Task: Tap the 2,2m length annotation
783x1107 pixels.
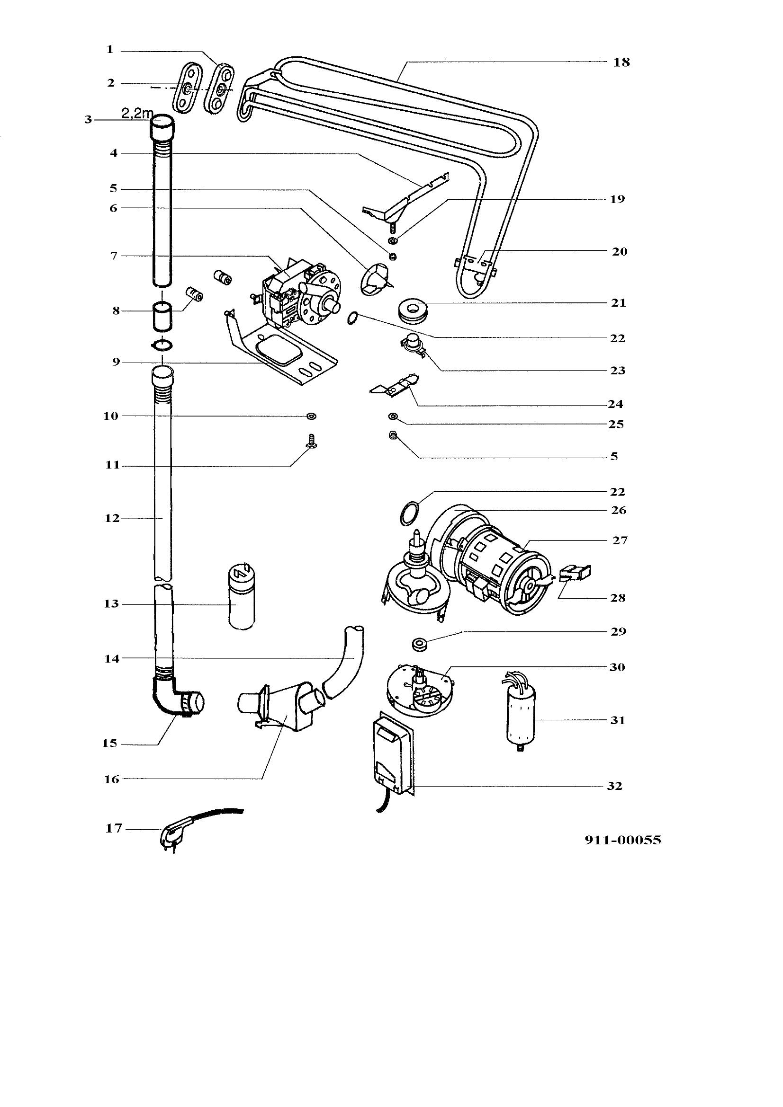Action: click(x=137, y=114)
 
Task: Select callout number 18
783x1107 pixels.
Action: click(x=621, y=62)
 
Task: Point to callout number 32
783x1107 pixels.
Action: click(x=615, y=786)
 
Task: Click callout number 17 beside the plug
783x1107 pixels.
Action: click(x=114, y=828)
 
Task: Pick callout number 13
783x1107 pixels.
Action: click(x=111, y=603)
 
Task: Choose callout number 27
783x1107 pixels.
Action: click(x=620, y=540)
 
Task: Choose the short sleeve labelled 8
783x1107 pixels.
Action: click(x=162, y=315)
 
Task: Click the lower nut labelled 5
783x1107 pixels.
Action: click(x=393, y=436)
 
